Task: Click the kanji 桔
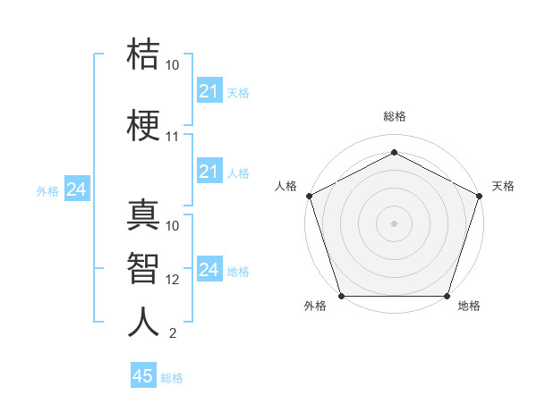click(143, 54)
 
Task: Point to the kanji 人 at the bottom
click(143, 322)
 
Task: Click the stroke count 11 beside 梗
click(173, 138)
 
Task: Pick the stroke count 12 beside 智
click(173, 280)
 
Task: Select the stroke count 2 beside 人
click(173, 334)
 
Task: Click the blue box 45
click(143, 376)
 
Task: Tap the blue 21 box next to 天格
click(209, 91)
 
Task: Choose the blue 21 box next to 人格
click(209, 172)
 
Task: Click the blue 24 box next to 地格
click(209, 270)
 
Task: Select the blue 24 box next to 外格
click(76, 189)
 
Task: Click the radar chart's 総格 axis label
click(394, 116)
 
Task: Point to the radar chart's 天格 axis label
click(503, 186)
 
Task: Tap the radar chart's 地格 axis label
click(469, 307)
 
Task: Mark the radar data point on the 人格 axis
click(309, 195)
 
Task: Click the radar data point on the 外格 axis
click(341, 296)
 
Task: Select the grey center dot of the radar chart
click(394, 223)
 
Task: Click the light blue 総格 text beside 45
click(172, 378)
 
